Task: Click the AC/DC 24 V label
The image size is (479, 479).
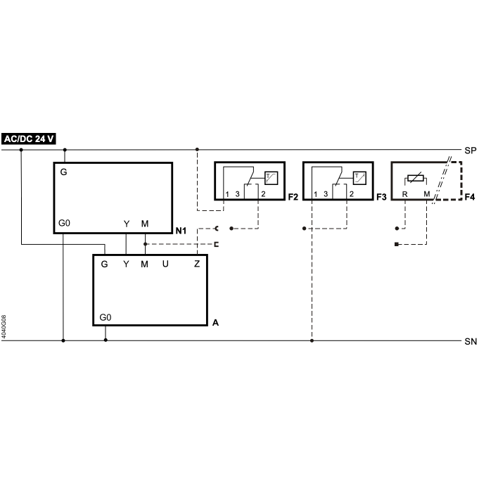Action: pos(29,139)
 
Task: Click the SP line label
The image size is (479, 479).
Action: pos(471,151)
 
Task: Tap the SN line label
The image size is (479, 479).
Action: pos(471,342)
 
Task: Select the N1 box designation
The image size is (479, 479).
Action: pos(181,231)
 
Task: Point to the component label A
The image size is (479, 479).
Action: pos(215,323)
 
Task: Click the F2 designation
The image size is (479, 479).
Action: pos(293,197)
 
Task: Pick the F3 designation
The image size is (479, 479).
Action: pos(381,197)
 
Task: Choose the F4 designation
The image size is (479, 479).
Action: pos(470,197)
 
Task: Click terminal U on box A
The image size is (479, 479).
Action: pos(165,264)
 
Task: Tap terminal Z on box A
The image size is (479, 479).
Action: pos(197,264)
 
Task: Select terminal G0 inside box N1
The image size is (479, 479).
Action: pos(64,223)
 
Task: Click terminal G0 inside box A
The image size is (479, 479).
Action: pos(106,318)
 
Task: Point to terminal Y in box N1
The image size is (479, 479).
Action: pos(127,224)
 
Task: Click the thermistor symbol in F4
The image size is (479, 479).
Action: pos(416,178)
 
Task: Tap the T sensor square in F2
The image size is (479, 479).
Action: pos(271,178)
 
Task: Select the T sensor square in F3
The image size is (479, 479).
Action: pos(359,178)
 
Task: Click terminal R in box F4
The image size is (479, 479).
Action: pos(404,194)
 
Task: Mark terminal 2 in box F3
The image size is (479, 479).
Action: pos(352,194)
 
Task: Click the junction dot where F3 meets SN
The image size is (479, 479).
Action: pos(312,340)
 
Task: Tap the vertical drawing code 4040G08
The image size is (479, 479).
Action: pos(4,327)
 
